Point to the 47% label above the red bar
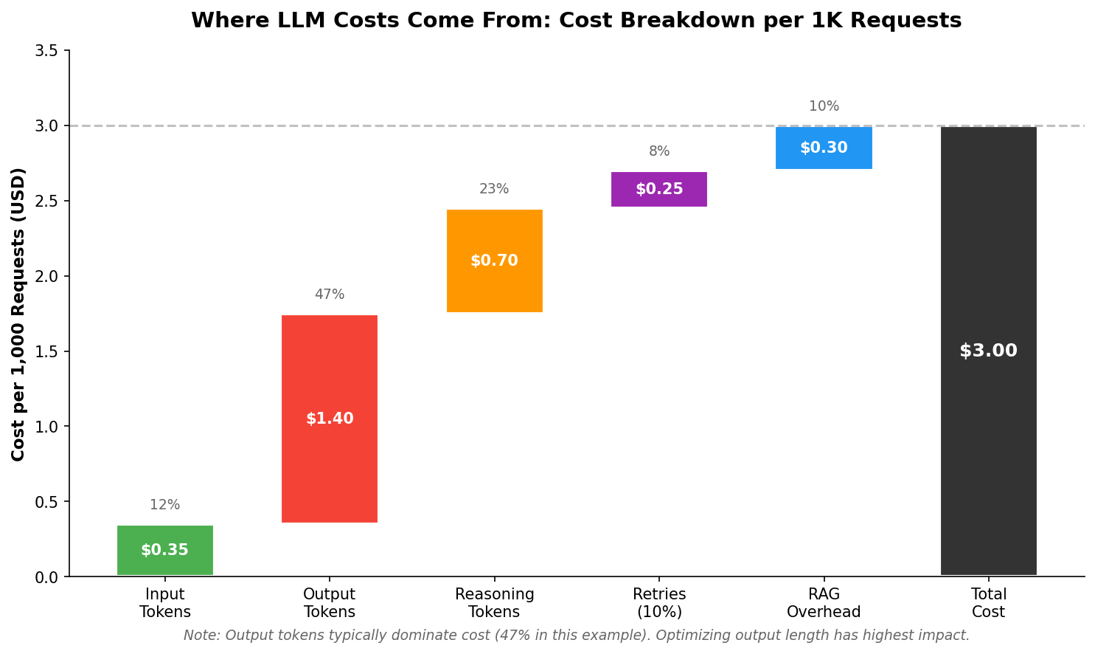330,295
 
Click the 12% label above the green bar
165,505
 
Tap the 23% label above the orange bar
494,189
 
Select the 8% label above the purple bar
659,151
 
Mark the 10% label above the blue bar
824,106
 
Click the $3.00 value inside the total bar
988,351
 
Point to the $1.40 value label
330,419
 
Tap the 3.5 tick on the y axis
47,51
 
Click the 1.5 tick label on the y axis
47,351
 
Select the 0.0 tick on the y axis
47,576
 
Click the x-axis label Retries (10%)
659,603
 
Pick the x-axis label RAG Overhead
824,603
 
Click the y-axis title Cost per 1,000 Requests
18,314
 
